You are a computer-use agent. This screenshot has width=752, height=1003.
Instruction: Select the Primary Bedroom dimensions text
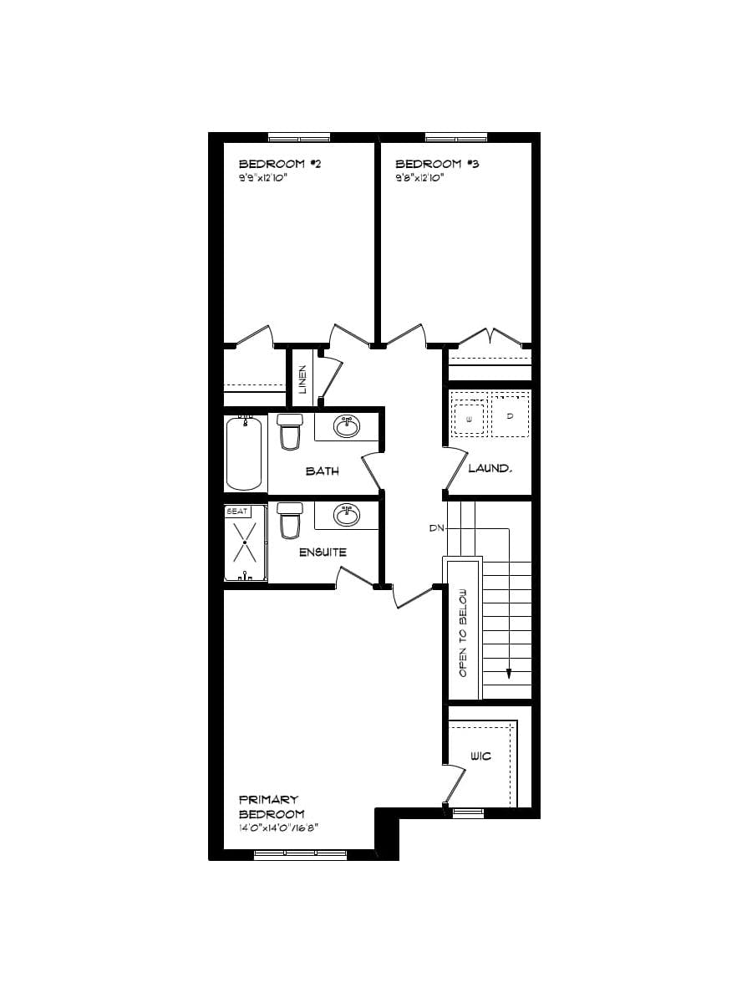tap(279, 828)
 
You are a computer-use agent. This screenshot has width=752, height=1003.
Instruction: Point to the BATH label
tap(322, 471)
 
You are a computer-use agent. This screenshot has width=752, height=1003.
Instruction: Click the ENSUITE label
tap(323, 552)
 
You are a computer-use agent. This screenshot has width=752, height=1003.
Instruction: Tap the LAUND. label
tap(489, 468)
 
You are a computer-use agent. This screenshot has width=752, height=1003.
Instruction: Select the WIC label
tap(480, 756)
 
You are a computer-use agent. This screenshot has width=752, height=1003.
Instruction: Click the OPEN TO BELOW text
tap(462, 633)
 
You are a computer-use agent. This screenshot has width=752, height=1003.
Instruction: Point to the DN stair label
tap(436, 528)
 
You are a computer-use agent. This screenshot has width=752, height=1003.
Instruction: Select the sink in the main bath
tap(347, 427)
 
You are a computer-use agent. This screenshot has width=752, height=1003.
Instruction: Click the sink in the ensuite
tap(347, 514)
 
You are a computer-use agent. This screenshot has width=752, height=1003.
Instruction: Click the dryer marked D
tap(509, 416)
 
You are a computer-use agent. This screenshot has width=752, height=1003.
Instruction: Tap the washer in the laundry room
tap(469, 417)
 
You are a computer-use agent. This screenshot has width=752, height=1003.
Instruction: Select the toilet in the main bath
tap(290, 431)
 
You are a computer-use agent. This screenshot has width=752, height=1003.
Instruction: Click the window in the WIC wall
tap(468, 812)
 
